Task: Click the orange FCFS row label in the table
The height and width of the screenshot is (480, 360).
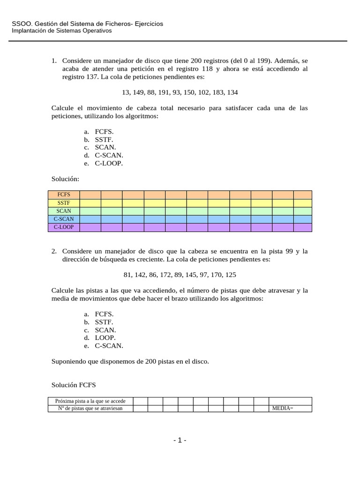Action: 64,195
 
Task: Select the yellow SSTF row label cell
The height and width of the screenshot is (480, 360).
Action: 64,203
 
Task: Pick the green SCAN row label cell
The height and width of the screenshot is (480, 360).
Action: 64,211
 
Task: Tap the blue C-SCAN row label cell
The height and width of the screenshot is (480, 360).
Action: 64,219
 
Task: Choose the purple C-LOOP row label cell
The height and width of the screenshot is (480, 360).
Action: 64,227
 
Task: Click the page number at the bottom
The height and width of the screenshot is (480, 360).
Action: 180,440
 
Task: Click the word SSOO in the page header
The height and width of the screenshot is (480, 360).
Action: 20,24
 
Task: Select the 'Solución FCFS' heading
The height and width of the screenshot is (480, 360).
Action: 73,385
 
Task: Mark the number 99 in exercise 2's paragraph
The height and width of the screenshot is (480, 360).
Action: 289,251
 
